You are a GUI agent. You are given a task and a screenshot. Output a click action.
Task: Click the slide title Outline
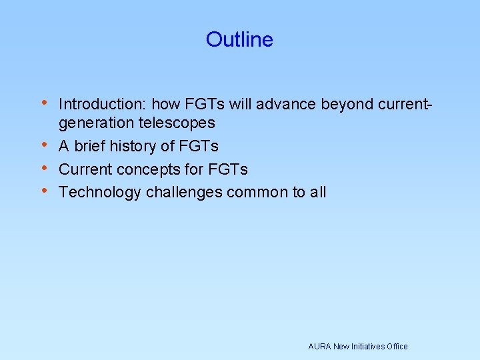[239, 39]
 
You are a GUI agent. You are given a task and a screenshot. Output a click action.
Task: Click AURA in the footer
[320, 346]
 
